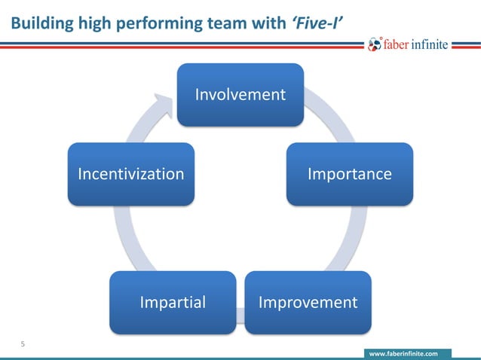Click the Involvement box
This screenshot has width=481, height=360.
240,94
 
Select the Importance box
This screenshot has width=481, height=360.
349,174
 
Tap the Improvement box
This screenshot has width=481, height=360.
308,302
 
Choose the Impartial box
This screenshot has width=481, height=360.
172,302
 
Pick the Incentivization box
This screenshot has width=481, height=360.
130,174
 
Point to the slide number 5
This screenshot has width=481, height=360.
23,345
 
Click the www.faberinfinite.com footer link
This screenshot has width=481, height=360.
406,352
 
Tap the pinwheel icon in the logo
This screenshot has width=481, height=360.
375,44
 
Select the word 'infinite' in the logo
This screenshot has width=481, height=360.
434,44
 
